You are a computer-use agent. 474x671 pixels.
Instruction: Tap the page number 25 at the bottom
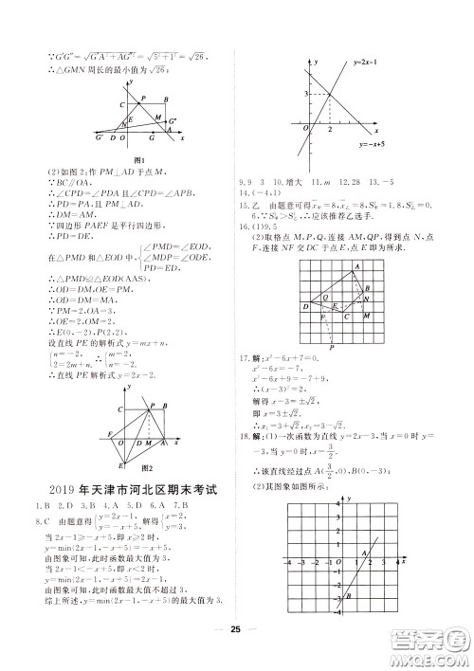tap(236, 653)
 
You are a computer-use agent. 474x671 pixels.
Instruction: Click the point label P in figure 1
tap(142, 99)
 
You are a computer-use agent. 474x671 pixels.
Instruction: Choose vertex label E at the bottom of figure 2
tap(121, 464)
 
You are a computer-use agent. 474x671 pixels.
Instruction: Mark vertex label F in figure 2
tap(110, 432)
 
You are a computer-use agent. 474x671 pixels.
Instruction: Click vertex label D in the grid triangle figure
tap(305, 307)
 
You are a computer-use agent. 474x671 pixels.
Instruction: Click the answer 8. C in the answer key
tap(41, 520)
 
